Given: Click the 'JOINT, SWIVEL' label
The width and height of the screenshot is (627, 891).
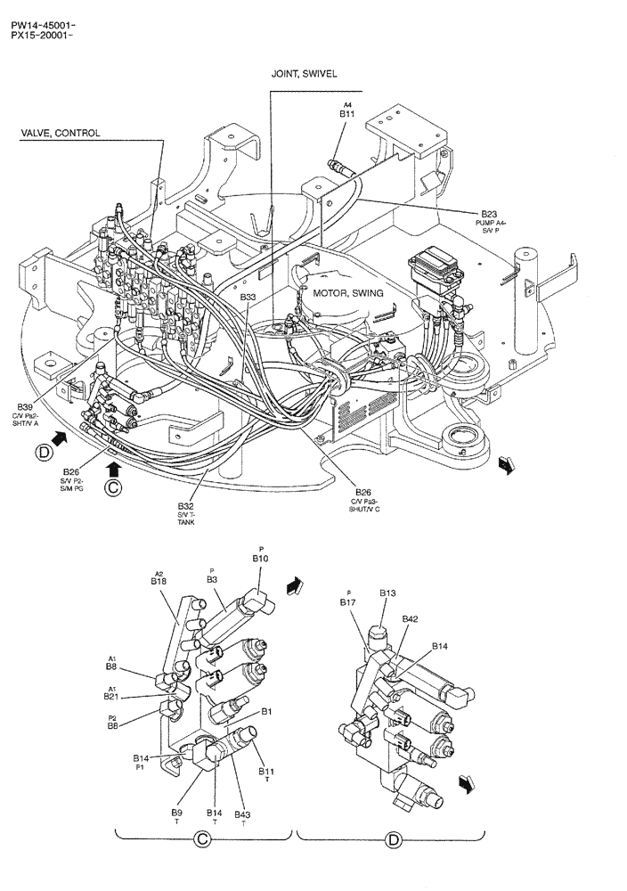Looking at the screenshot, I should click(x=304, y=75).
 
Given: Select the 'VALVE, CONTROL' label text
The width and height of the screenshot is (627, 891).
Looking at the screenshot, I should click(x=61, y=134).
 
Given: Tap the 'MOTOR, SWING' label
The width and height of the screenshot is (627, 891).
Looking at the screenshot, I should click(x=347, y=293).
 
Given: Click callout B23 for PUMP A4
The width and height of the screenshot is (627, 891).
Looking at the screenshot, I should click(x=489, y=214).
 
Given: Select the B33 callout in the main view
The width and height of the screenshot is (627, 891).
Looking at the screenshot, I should click(x=248, y=297).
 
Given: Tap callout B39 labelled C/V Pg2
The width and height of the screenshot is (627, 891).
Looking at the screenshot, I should click(x=25, y=405).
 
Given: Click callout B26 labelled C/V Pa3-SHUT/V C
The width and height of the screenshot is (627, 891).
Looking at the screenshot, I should click(x=363, y=493).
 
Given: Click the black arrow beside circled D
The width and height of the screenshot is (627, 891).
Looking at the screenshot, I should click(x=60, y=437).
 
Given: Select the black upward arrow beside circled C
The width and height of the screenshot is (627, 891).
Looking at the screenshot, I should click(x=113, y=467).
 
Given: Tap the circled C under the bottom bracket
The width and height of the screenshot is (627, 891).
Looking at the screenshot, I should click(x=202, y=838).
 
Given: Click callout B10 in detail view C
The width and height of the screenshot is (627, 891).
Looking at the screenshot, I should click(x=260, y=558).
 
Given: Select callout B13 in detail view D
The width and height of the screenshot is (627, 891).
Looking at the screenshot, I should click(x=387, y=593).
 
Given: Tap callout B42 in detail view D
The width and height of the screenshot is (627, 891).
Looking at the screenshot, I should click(x=410, y=618).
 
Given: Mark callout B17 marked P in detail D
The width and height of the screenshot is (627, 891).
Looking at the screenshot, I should click(x=347, y=602).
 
